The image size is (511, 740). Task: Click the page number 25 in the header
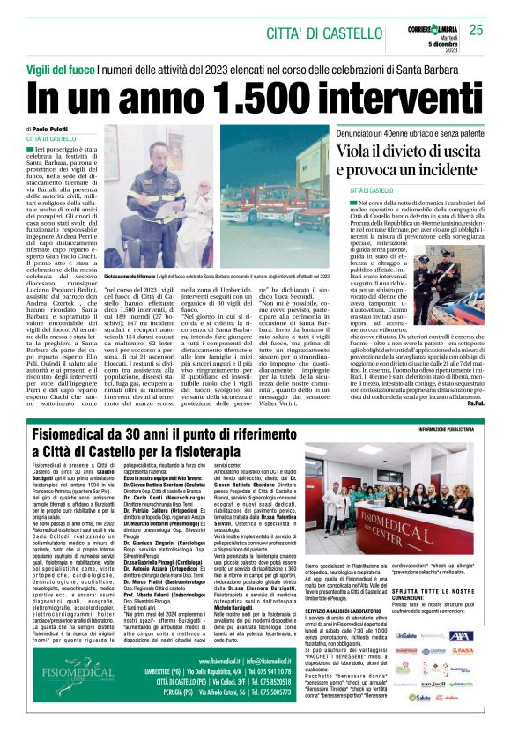tap(476, 30)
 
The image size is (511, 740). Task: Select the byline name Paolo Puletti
tap(55, 129)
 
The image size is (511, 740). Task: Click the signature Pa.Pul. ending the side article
tap(475, 402)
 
